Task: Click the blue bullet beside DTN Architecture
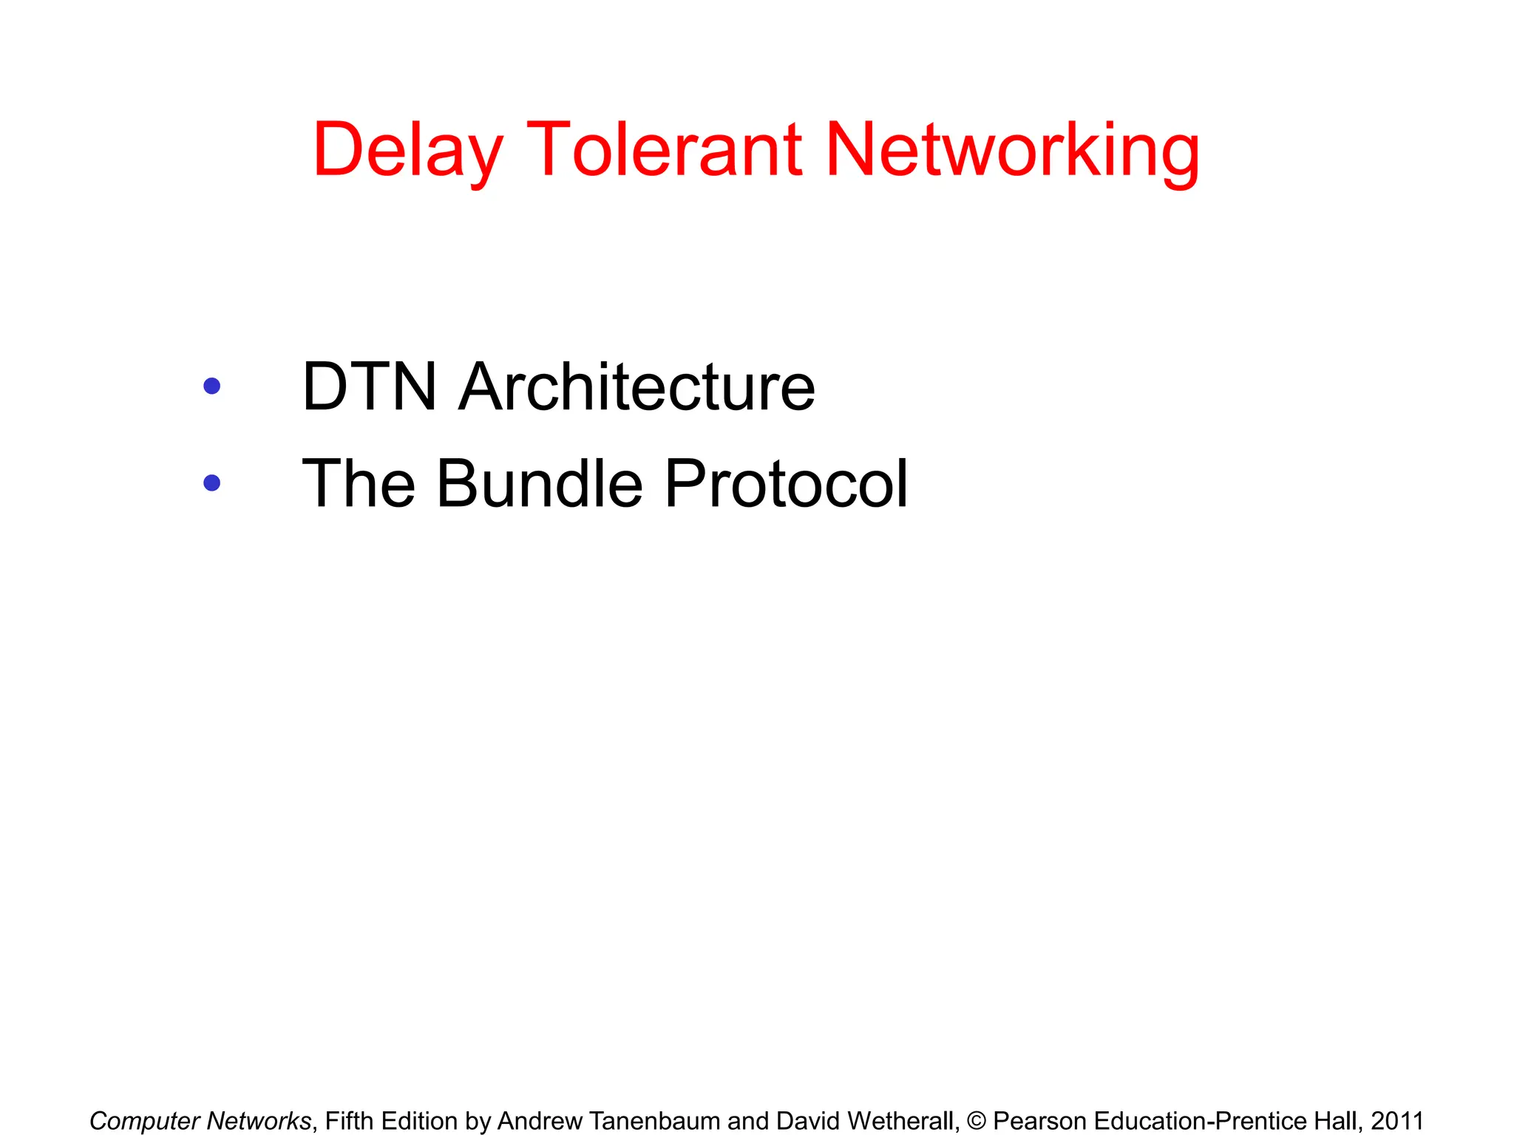212,386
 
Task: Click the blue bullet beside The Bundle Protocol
212,483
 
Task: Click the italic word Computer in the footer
144,1121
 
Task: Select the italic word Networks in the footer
258,1121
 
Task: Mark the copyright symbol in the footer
976,1121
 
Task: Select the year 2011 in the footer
1396,1121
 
